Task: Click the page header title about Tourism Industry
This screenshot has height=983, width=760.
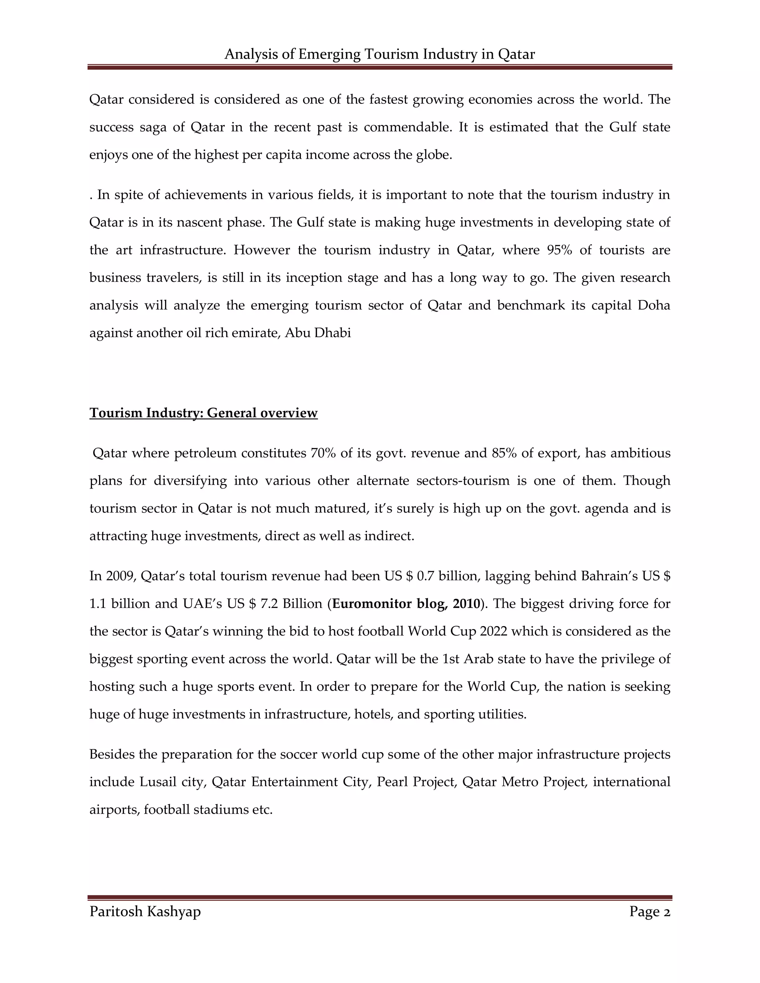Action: tap(380, 54)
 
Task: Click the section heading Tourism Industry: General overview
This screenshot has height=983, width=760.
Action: tap(203, 413)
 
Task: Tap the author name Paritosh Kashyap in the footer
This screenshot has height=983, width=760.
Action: tap(145, 911)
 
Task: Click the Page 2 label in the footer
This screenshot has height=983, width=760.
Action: tap(650, 911)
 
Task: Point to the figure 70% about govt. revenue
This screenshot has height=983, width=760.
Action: tap(323, 453)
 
